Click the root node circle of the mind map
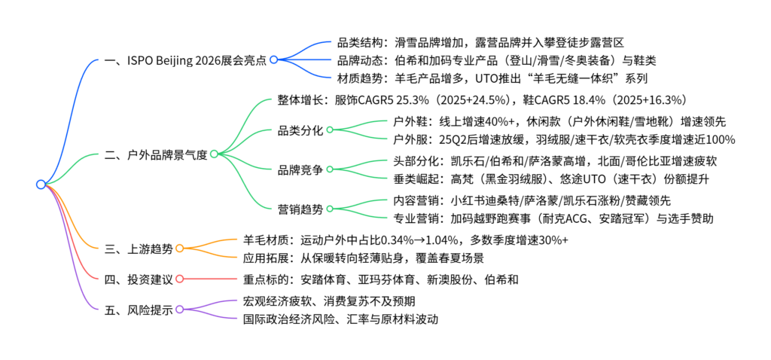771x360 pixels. [41, 185]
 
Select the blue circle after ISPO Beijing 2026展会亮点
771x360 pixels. [274, 59]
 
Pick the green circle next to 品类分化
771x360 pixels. [330, 130]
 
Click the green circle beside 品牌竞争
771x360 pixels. [330, 169]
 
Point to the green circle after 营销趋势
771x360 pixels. [330, 209]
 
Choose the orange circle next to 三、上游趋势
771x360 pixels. [179, 249]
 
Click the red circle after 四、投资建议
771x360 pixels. [179, 279]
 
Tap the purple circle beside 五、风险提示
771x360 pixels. [179, 309]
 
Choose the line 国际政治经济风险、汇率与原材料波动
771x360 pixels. [340, 319]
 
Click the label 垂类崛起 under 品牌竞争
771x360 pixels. [416, 179]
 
